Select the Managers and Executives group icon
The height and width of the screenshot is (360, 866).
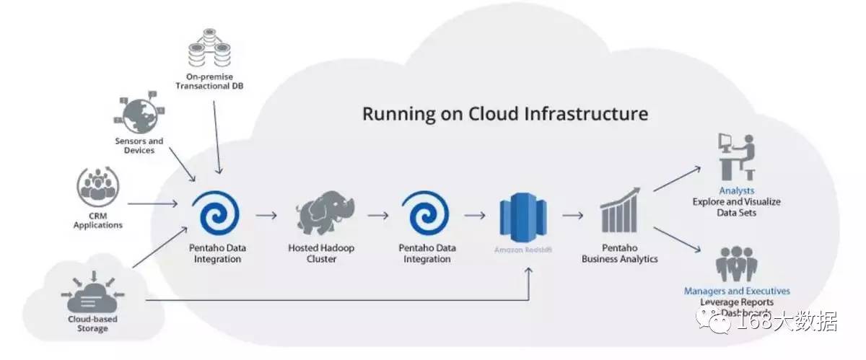[x=736, y=265]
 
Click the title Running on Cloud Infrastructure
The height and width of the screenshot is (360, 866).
[x=505, y=114]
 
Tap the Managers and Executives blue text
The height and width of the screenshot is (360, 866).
[x=737, y=291]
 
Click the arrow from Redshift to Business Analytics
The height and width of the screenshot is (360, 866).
[x=572, y=215]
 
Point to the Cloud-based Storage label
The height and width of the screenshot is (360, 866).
[x=93, y=323]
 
